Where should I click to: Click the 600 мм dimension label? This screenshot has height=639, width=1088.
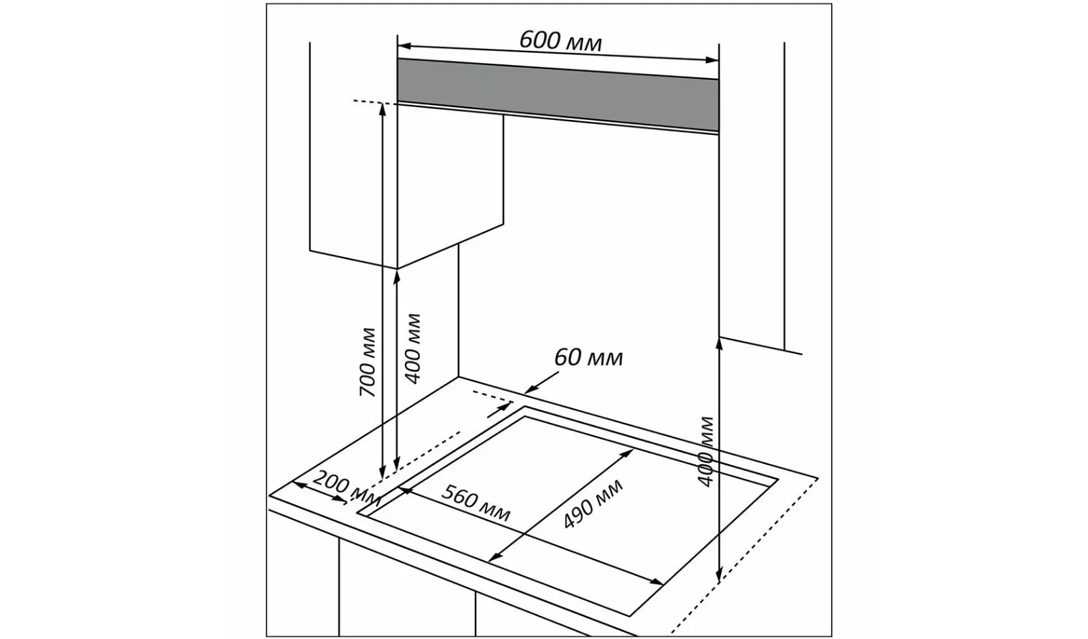(x=560, y=41)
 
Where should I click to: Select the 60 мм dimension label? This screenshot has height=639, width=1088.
(x=588, y=357)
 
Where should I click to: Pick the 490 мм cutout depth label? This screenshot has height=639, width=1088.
(x=593, y=505)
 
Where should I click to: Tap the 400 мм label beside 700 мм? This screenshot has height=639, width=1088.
(x=412, y=348)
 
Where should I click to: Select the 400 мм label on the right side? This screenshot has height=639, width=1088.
(x=706, y=451)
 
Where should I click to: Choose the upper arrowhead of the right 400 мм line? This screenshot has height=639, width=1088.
(x=719, y=340)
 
